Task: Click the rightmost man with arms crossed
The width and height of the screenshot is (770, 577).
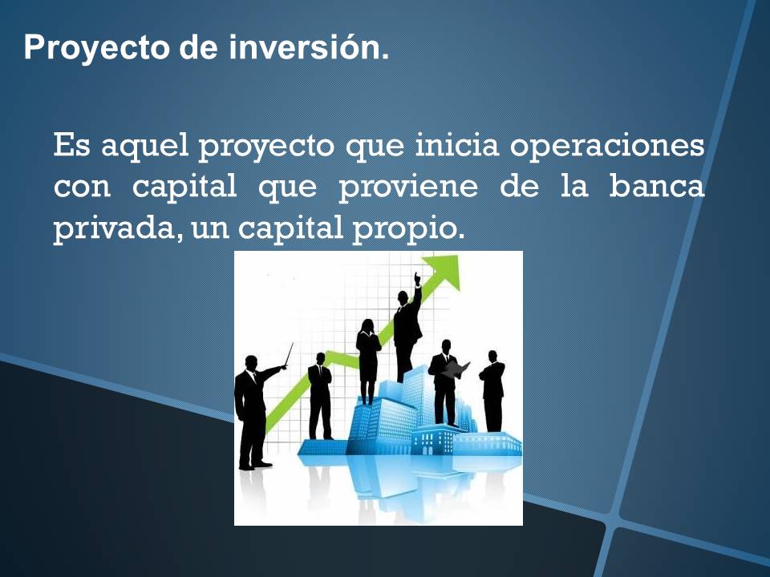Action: (492, 389)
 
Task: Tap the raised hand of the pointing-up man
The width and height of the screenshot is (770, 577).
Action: (417, 278)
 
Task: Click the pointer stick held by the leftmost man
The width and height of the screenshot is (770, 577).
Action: (288, 354)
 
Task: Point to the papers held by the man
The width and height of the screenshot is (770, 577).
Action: (457, 369)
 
